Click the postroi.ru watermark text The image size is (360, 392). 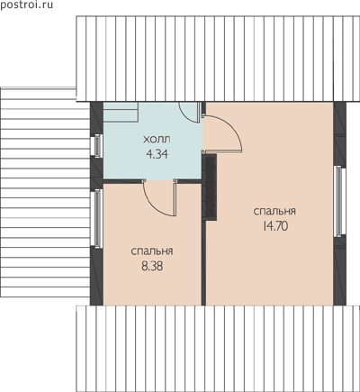[x=26, y=5]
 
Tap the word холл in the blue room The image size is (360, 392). [x=157, y=140]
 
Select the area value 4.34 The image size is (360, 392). [x=157, y=154]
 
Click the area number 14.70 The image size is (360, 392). [x=275, y=226]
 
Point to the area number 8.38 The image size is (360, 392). [x=152, y=266]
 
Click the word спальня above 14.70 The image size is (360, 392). [x=274, y=211]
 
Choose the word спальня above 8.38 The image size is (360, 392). [x=152, y=251]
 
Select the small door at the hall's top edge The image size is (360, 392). [x=190, y=112]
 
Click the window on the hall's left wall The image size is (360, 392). [x=96, y=145]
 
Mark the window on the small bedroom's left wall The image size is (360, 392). [x=96, y=219]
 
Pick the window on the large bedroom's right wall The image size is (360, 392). [x=339, y=201]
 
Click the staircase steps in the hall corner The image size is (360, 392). [x=121, y=112]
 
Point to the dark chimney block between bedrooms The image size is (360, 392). [x=210, y=187]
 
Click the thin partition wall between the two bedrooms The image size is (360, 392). [x=203, y=263]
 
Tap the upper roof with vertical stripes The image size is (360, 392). [x=218, y=59]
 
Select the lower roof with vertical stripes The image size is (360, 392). [x=218, y=349]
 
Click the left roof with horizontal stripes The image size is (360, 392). [x=45, y=192]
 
